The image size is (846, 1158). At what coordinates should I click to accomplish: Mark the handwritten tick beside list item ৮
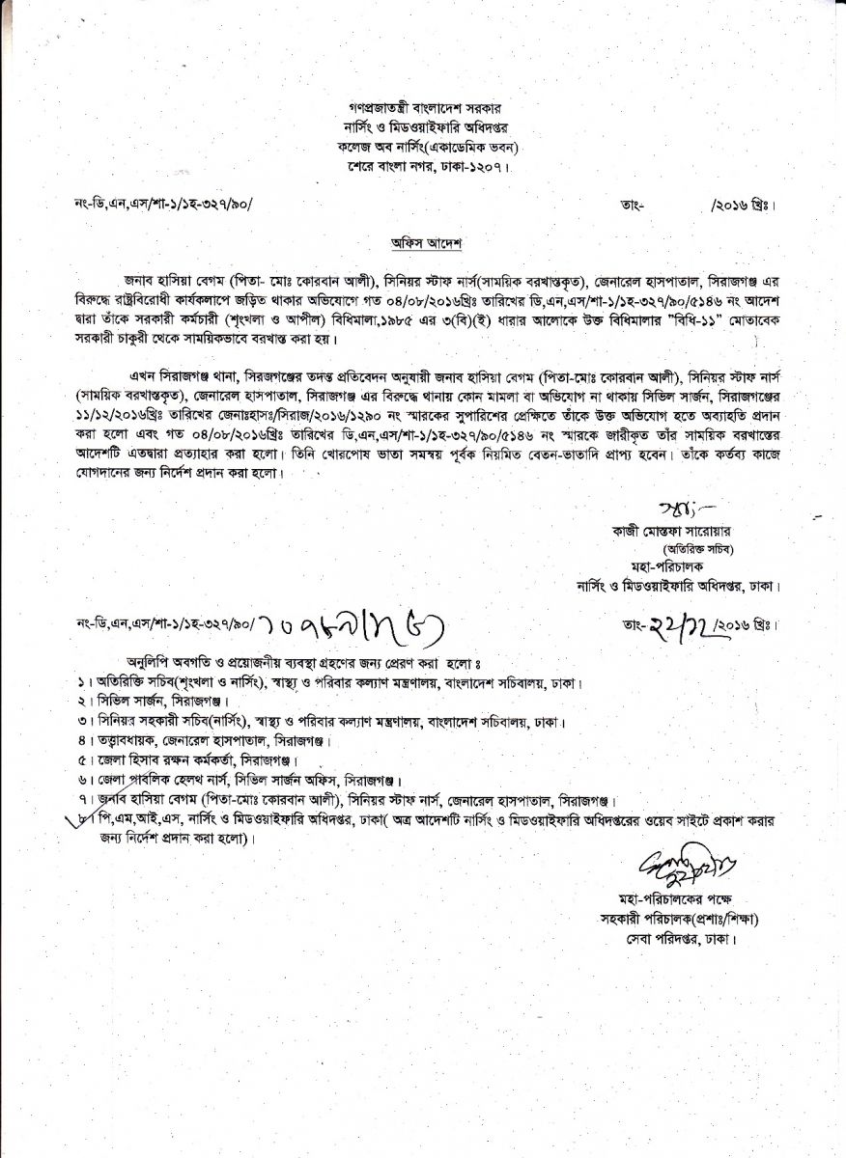coord(84,821)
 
